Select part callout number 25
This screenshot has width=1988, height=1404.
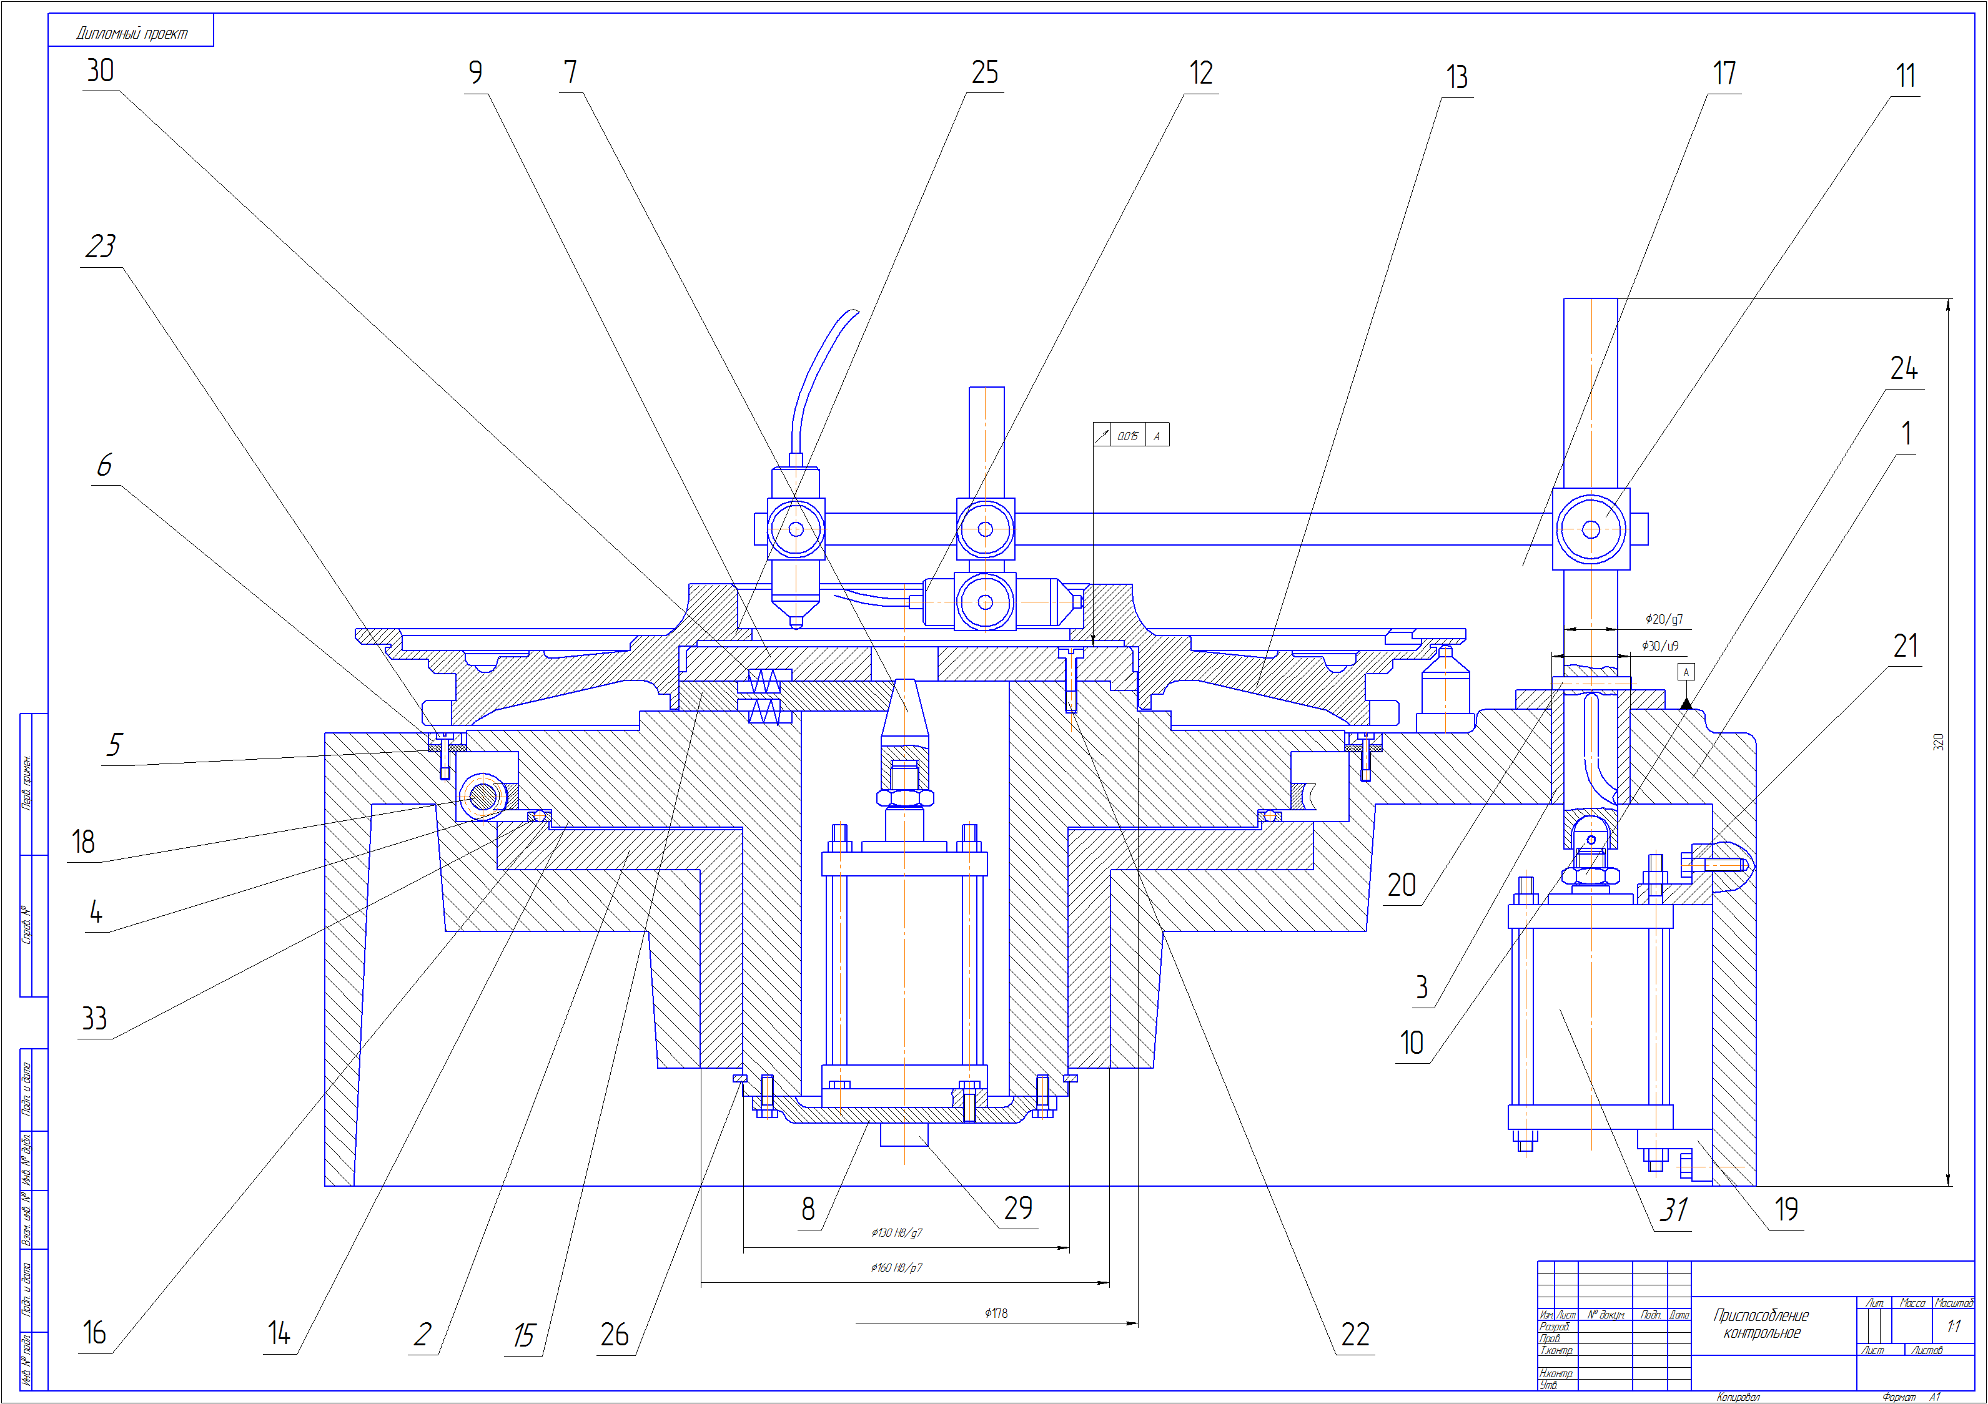click(984, 72)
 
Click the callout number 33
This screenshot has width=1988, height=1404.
click(94, 1018)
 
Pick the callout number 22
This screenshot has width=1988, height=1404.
click(1355, 1334)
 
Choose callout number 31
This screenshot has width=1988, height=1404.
click(1673, 1210)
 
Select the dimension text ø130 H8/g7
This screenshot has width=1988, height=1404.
click(897, 1232)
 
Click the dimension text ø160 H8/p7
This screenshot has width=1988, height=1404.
click(897, 1268)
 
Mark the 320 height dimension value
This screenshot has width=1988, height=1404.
click(1939, 742)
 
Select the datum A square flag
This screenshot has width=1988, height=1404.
click(1686, 672)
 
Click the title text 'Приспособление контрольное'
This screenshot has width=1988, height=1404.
click(1761, 1324)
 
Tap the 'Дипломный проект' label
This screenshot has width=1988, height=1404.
click(132, 34)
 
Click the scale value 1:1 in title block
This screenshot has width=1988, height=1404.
click(1954, 1326)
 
